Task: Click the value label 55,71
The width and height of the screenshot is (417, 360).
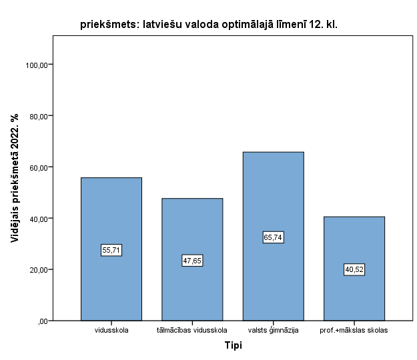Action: [111, 250]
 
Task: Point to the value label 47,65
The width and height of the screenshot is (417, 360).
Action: [192, 261]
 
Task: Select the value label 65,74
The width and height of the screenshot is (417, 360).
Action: [274, 237]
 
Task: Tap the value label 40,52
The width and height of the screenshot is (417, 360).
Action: [354, 270]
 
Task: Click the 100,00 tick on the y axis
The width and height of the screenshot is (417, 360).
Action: [38, 65]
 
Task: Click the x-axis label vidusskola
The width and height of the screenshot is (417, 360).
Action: [111, 330]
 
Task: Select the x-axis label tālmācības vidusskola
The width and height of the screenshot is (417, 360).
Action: [192, 330]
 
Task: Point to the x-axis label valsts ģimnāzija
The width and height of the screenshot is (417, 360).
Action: [274, 330]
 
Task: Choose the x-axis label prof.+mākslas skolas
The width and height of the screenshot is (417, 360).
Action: [354, 330]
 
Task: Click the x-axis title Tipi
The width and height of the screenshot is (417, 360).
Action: [233, 346]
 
